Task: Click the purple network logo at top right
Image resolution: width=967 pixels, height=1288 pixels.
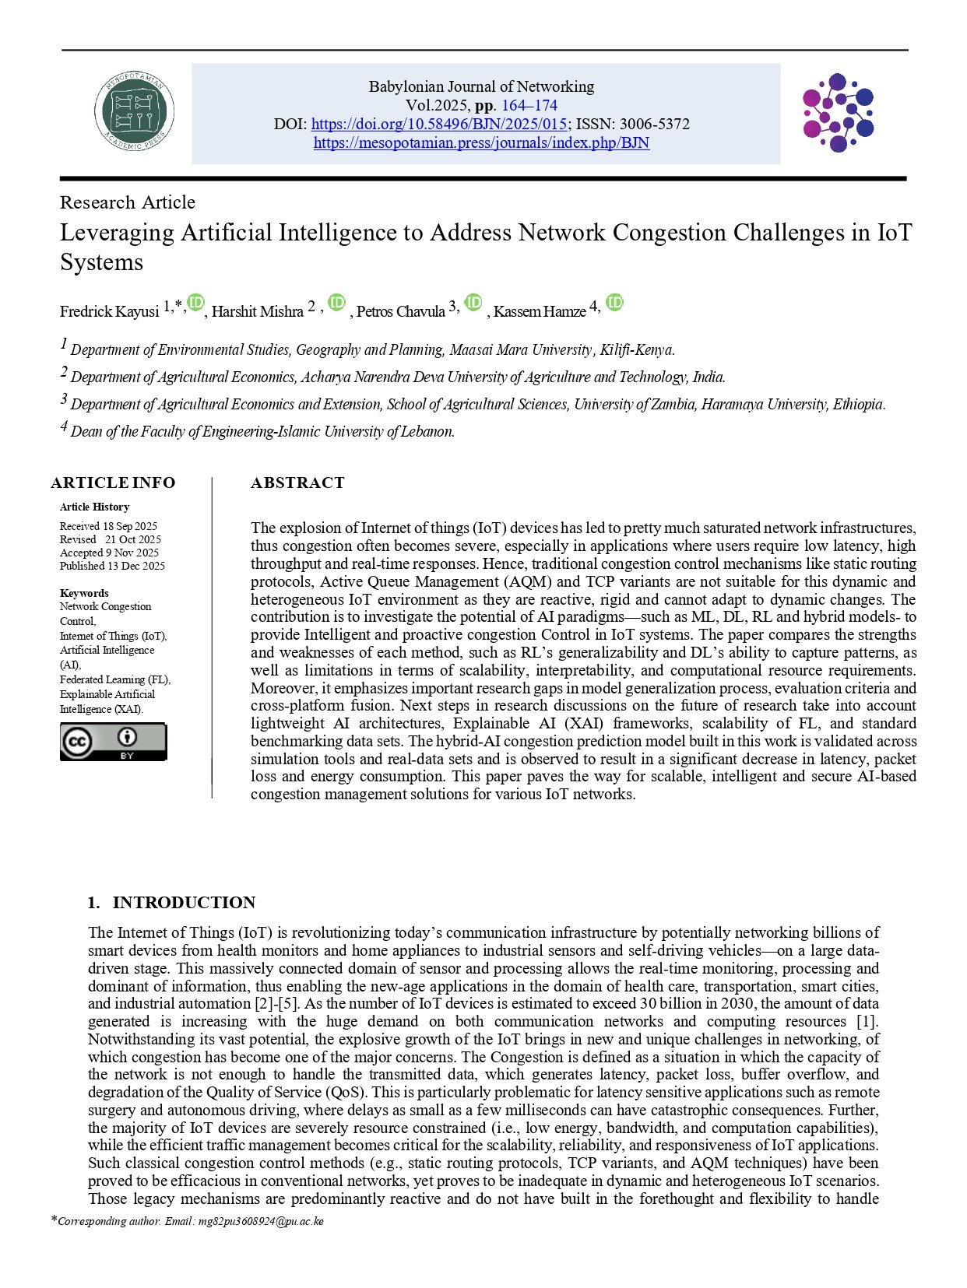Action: coord(838,113)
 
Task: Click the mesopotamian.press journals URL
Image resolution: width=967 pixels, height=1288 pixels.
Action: coord(481,142)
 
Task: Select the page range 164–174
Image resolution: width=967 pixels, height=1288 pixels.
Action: coord(529,105)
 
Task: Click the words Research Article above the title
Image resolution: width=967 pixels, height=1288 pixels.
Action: coord(128,202)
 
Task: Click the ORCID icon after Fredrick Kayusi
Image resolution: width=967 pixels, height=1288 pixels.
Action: coord(195,303)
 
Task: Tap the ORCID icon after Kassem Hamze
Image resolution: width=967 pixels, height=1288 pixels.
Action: coord(614,303)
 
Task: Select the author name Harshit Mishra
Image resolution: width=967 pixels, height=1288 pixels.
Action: coord(257,312)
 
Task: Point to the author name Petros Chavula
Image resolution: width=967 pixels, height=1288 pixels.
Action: coord(400,312)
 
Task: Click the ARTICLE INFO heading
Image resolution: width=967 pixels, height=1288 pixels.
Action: coord(113,483)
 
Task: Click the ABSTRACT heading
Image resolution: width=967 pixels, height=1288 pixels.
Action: coord(297,483)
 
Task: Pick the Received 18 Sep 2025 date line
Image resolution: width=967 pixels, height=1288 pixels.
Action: coord(108,526)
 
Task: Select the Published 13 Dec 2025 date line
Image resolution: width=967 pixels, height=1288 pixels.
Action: coord(112,566)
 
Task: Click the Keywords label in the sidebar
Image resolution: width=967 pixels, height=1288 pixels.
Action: coord(84,593)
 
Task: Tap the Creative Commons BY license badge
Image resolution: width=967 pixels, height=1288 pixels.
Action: coord(113,742)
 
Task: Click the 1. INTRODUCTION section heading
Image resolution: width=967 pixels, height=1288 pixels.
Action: coord(171,902)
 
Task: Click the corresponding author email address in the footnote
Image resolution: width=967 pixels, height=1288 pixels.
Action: coord(261,1221)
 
